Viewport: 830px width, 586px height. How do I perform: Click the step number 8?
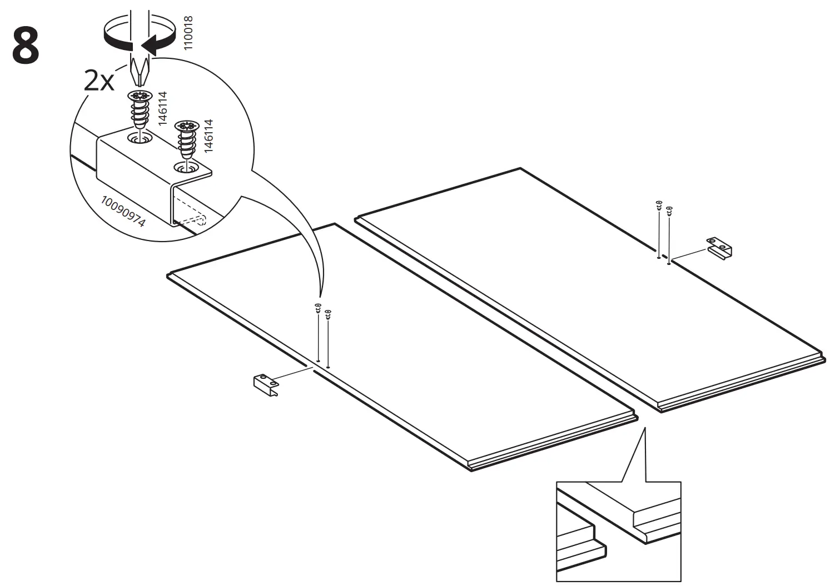[26, 46]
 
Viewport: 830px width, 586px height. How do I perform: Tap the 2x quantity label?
[98, 82]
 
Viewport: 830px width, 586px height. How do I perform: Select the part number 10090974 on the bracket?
[123, 211]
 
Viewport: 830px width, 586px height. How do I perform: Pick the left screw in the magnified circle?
[141, 108]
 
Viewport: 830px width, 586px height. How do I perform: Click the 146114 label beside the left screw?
[162, 109]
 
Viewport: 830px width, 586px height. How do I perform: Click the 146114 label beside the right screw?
[208, 136]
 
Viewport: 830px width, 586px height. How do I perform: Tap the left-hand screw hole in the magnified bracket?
[140, 136]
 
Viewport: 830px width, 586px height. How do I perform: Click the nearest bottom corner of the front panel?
[471, 470]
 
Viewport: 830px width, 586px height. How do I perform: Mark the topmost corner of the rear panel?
[520, 168]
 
